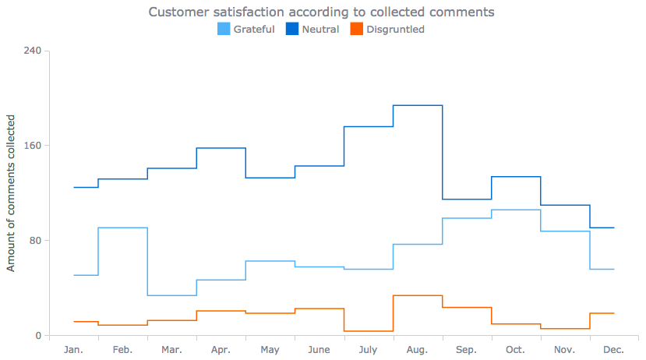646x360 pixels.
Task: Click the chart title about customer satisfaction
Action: pos(321,12)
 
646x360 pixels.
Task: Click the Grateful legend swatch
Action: pos(223,30)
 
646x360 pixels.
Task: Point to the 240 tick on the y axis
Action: pos(34,51)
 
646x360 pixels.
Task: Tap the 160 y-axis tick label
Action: pos(34,146)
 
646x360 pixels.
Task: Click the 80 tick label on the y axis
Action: pos(36,241)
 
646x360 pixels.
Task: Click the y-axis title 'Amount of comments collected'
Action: pos(11,192)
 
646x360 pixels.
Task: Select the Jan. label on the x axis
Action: pos(73,350)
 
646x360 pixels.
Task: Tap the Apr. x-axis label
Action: pos(221,350)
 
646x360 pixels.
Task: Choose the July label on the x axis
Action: pos(368,350)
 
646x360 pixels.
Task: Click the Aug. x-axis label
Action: pos(418,350)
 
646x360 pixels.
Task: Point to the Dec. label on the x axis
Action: pos(614,350)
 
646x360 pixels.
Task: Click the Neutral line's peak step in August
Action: pos(418,105)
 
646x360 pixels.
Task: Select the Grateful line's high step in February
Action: pos(123,228)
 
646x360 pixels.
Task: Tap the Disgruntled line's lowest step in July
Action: pos(369,331)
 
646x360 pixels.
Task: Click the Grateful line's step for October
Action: pos(516,210)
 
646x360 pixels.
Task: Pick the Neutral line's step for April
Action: pos(221,148)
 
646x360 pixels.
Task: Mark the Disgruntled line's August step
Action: pos(418,295)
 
